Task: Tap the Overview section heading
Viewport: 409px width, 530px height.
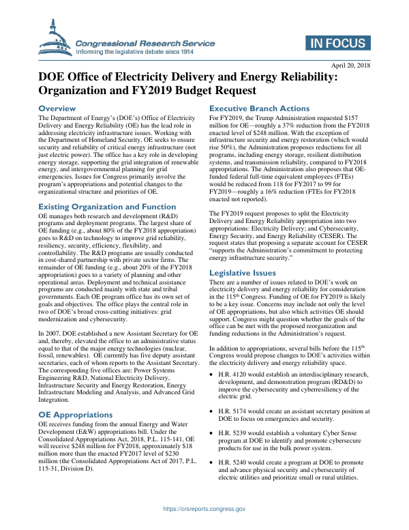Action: tap(57, 109)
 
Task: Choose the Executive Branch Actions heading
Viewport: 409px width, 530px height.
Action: tap(259, 108)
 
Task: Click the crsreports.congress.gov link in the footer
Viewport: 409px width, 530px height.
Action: tap(204, 509)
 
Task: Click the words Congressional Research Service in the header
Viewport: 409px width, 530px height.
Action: tap(146, 43)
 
